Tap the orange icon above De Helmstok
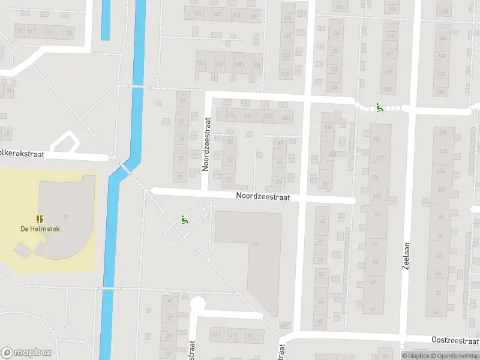click(x=40, y=219)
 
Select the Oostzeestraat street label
click(x=455, y=340)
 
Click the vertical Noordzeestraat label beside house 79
click(x=205, y=144)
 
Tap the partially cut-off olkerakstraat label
click(x=22, y=154)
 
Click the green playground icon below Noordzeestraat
click(x=185, y=220)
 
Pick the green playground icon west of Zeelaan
click(x=379, y=108)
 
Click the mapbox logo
click(x=26, y=353)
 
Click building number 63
click(x=255, y=243)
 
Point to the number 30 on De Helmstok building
click(x=65, y=217)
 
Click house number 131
click(x=287, y=17)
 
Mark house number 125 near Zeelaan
click(x=377, y=140)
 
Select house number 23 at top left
click(x=70, y=32)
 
